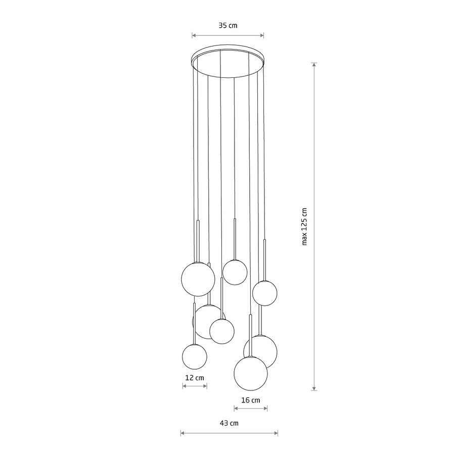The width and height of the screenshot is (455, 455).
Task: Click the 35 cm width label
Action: point(228,26)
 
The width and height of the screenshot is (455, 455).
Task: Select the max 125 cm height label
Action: point(304,226)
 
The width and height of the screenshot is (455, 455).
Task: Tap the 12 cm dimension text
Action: point(195,378)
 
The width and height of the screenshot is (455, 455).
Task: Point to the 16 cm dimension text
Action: point(251,400)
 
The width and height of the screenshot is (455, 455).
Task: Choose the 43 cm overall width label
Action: point(229,423)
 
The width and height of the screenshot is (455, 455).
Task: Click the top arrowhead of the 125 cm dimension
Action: point(314,65)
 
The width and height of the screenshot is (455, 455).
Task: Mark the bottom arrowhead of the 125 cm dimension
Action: point(314,388)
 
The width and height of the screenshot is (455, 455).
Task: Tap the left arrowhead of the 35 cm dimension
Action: point(194,36)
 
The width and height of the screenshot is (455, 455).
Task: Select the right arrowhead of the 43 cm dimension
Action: point(276,433)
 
